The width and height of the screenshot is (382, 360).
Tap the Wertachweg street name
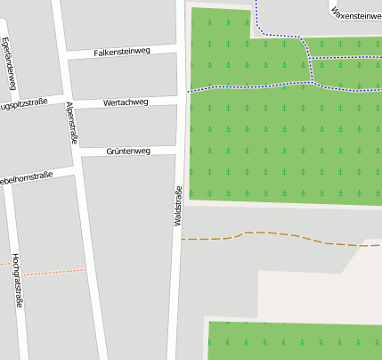pyautogui.click(x=126, y=102)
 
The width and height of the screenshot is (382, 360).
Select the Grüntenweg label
pyautogui.click(x=128, y=151)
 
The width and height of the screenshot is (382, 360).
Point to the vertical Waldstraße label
pyautogui.click(x=178, y=205)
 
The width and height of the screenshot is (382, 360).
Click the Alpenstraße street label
pyautogui.click(x=71, y=122)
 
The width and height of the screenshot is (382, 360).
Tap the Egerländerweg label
pyautogui.click(x=9, y=64)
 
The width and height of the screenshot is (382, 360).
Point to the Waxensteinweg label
pyautogui.click(x=356, y=16)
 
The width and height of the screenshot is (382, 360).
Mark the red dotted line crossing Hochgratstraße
pyautogui.click(x=45, y=272)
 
